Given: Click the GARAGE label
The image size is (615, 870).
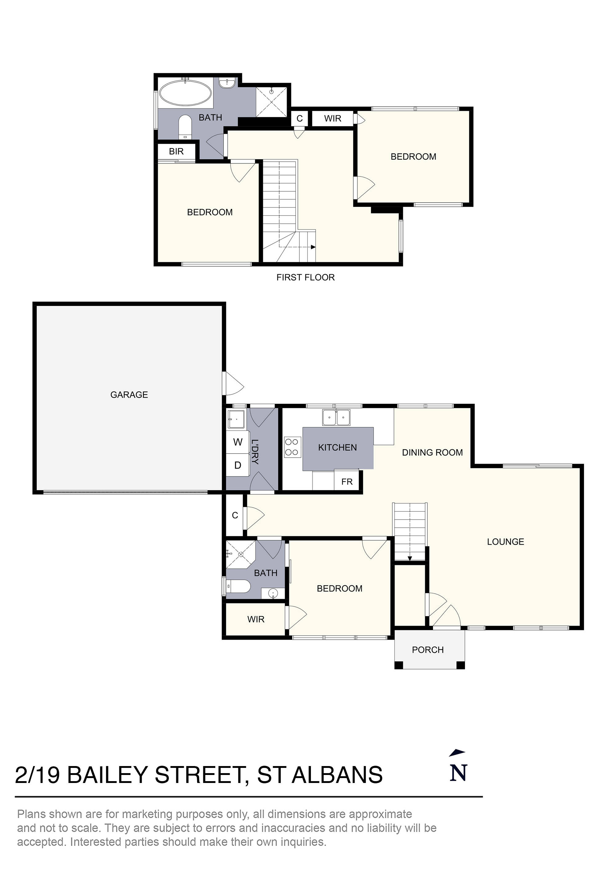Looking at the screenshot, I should [129, 395].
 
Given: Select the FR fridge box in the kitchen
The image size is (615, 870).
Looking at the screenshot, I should [347, 482].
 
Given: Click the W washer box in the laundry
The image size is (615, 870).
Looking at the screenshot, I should [238, 442].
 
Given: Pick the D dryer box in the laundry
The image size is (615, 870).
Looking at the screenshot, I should [238, 465].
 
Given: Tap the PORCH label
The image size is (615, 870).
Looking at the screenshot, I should [427, 650].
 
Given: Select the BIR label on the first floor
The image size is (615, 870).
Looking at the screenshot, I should [176, 152].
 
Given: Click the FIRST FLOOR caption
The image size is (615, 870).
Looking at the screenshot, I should [305, 277].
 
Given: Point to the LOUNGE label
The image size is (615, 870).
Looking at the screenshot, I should [505, 542].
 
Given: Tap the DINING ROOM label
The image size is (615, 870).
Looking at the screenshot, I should [432, 452].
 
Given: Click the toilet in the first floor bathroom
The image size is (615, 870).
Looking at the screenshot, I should [185, 127].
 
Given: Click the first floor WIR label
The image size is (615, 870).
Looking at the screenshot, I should [332, 119].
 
